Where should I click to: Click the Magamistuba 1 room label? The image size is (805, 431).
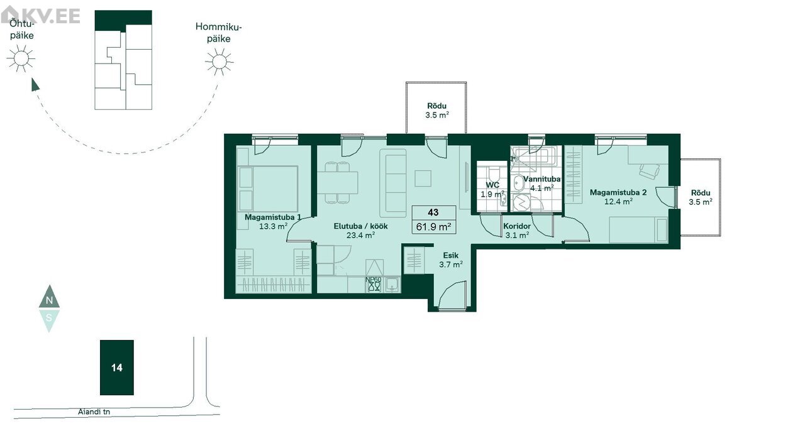pyautogui.click(x=273, y=217)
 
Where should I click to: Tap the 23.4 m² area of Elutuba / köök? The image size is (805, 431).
pyautogui.click(x=361, y=235)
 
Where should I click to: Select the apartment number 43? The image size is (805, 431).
pyautogui.click(x=433, y=212)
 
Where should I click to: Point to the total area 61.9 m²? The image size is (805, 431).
pyautogui.click(x=433, y=227)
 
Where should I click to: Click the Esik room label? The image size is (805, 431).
pyautogui.click(x=451, y=255)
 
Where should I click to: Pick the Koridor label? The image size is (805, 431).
pyautogui.click(x=517, y=226)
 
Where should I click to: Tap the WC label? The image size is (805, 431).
pyautogui.click(x=492, y=185)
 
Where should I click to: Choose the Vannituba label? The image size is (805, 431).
pyautogui.click(x=541, y=179)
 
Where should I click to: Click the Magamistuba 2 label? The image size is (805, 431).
pyautogui.click(x=618, y=192)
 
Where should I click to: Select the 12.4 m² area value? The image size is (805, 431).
pyautogui.click(x=618, y=202)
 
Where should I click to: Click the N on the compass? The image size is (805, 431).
pyautogui.click(x=50, y=300)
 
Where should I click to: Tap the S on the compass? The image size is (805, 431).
pyautogui.click(x=49, y=318)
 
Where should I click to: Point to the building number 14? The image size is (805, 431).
pyautogui.click(x=117, y=368)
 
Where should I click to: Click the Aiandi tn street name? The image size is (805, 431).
pyautogui.click(x=94, y=412)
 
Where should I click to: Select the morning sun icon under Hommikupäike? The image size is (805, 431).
pyautogui.click(x=219, y=62)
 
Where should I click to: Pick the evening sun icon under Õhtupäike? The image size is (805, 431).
pyautogui.click(x=21, y=58)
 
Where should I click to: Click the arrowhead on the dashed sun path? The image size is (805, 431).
pyautogui.click(x=35, y=85)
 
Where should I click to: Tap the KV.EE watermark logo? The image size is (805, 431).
pyautogui.click(x=40, y=15)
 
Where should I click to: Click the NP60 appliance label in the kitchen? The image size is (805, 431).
pyautogui.click(x=374, y=280)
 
